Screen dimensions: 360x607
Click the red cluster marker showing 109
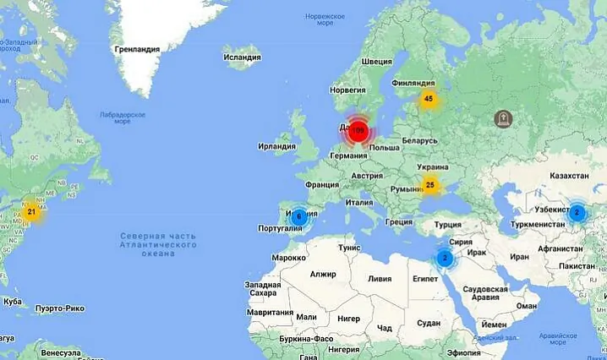[358, 131]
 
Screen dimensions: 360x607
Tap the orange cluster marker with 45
[429, 99]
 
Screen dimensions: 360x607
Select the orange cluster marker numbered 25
[430, 184]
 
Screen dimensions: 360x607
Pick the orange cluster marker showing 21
[31, 212]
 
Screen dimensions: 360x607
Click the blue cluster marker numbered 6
[298, 216]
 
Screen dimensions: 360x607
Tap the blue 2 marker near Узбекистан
[577, 212]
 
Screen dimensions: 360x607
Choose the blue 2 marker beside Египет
[445, 258]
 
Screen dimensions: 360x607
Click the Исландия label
[241, 57]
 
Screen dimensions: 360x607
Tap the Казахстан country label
[568, 176]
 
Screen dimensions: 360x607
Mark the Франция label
[321, 185]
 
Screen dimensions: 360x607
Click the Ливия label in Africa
[380, 278]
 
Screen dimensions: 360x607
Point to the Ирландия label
[276, 146]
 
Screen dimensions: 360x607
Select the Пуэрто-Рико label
[59, 308]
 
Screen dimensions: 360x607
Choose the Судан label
[429, 323]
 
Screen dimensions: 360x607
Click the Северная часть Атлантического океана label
[157, 244]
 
